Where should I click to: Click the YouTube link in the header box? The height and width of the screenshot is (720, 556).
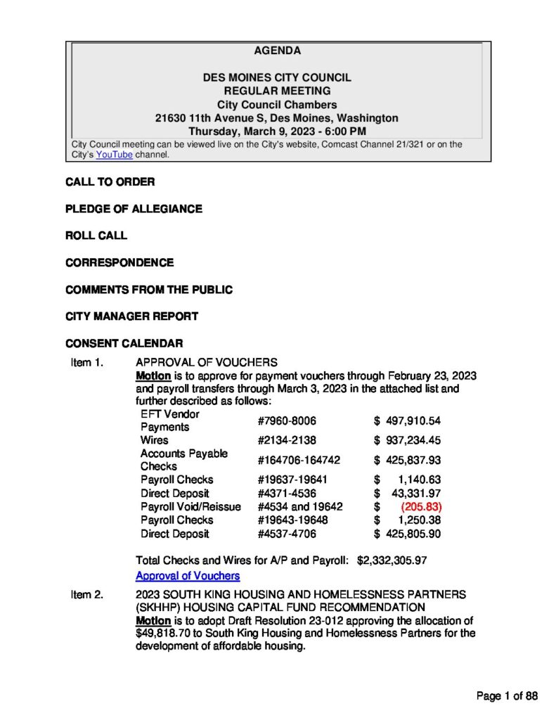tap(114, 155)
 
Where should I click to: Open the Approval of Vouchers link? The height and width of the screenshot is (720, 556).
tap(188, 576)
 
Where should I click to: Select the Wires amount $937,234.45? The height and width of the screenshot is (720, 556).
tap(408, 440)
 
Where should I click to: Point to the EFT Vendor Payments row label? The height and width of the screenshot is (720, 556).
tap(169, 420)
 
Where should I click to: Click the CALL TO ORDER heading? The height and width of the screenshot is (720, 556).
tap(110, 182)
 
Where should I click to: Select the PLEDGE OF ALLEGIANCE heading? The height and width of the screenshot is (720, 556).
tap(134, 209)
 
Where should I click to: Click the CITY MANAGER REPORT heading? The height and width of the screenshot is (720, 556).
tap(131, 316)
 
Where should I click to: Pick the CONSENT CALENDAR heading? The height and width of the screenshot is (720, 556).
tap(124, 343)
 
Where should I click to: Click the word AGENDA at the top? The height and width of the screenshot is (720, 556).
tap(277, 51)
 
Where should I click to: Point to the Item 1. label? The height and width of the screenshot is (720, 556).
tap(87, 362)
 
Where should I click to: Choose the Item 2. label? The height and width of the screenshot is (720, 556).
tap(87, 595)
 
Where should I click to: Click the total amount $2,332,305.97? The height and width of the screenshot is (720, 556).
tap(392, 560)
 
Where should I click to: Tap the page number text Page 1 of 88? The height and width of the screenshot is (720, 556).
tap(507, 696)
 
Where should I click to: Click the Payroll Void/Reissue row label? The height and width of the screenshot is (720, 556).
tap(190, 507)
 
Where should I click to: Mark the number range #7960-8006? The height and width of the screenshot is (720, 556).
tap(287, 420)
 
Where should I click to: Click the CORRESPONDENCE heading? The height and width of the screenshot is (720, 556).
tap(119, 262)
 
